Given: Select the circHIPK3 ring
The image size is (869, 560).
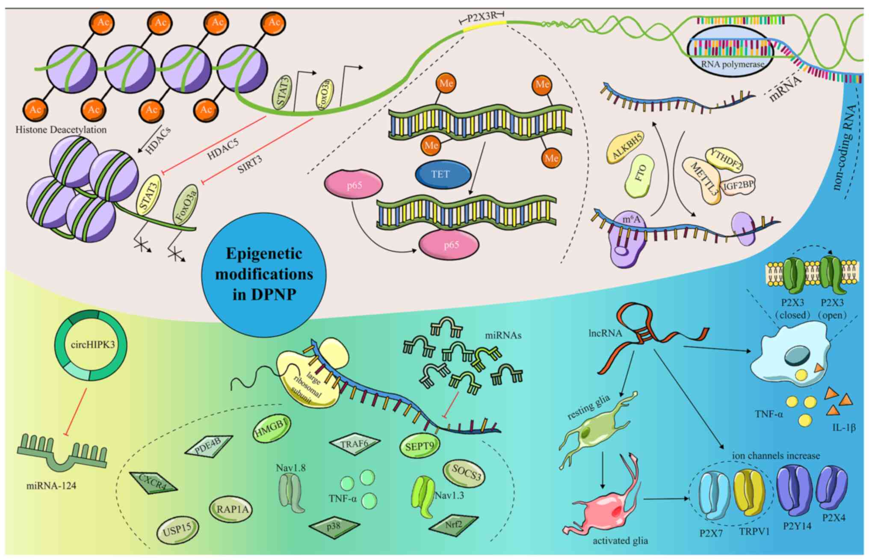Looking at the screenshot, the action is [x=91, y=345].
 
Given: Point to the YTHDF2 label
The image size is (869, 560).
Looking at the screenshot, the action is [x=724, y=159].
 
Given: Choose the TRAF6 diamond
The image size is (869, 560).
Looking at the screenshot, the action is [x=354, y=444].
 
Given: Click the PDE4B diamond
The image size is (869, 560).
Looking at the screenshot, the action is [x=208, y=446].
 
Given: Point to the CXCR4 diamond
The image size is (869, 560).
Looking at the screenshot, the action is [x=153, y=482].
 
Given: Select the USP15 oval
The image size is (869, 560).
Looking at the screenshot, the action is [x=177, y=530].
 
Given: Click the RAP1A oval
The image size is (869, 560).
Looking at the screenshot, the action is [x=231, y=510].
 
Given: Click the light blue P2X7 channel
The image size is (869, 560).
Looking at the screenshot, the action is [x=713, y=495].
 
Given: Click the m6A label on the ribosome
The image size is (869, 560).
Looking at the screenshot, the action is [x=631, y=219].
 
